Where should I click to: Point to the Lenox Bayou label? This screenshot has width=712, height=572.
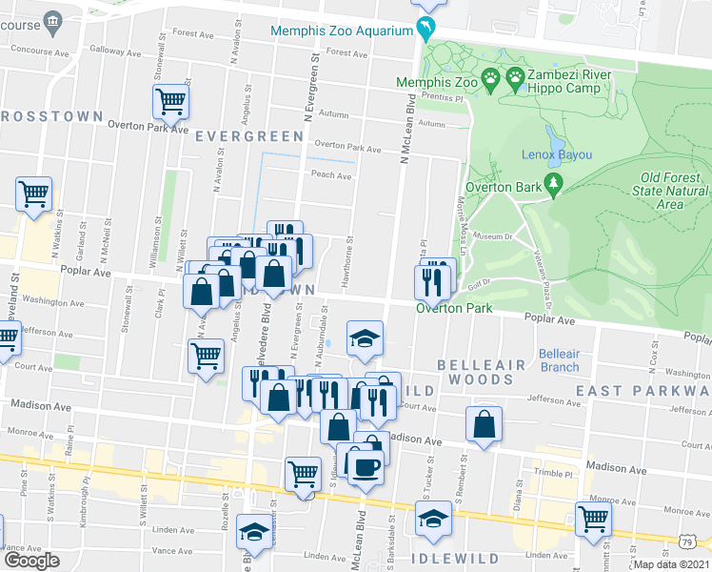(557, 154)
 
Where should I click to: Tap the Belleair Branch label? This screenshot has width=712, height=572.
(559, 360)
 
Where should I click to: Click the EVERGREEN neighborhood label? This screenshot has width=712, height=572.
(248, 136)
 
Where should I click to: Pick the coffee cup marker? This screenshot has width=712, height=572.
(366, 467)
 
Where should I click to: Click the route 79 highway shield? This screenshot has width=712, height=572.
(687, 542)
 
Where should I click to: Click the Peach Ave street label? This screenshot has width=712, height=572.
(330, 174)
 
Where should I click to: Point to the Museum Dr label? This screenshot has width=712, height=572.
(492, 235)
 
